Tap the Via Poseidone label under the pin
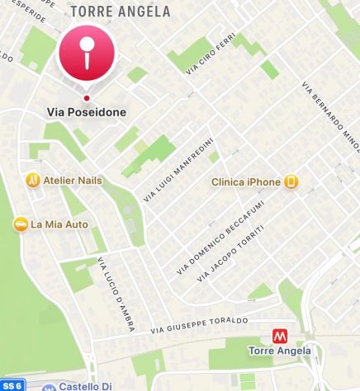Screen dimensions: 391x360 tap(87, 111)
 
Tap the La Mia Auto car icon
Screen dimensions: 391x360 tap(20, 224)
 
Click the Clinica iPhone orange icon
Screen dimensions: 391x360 tap(290, 181)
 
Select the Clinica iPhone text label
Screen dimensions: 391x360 tap(246, 181)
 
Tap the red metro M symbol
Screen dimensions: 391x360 tap(280, 337)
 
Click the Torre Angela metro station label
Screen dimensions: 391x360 tap(280, 351)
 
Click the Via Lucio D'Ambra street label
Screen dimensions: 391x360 tap(116, 295)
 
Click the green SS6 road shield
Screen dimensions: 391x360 tap(12, 384)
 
